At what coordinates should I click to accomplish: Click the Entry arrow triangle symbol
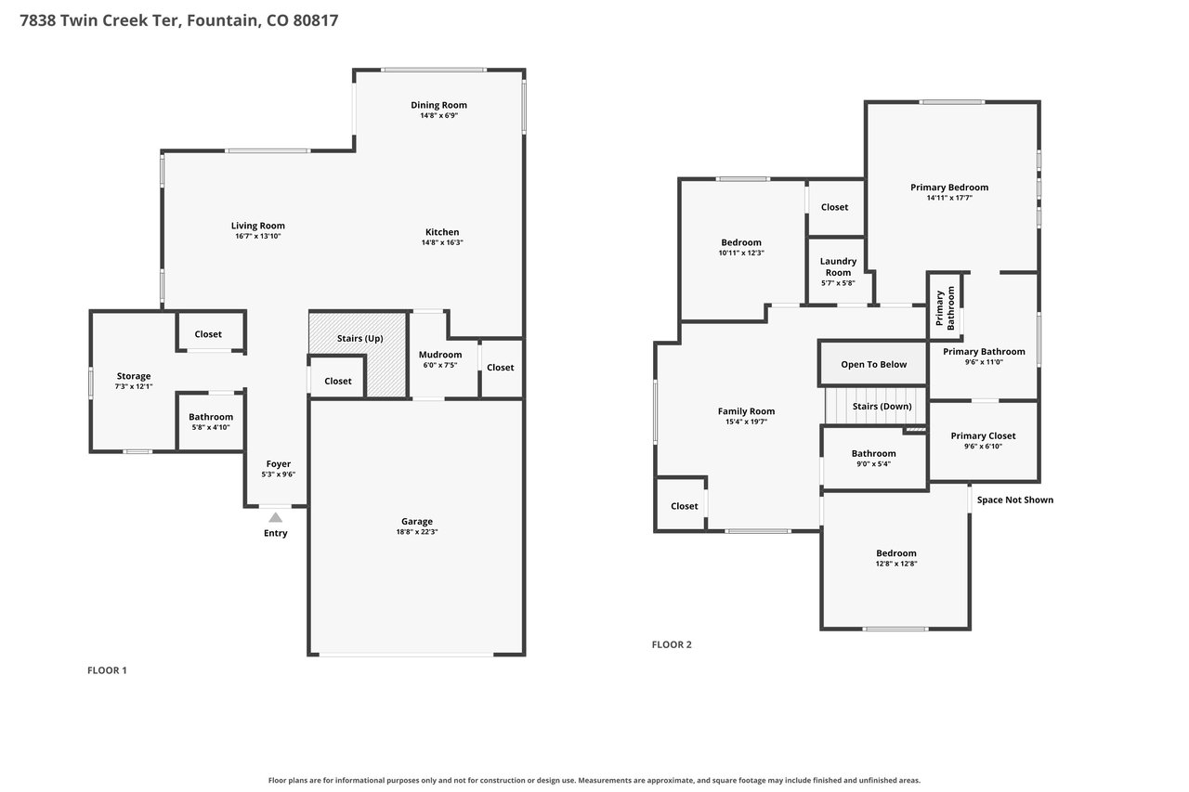pos(275,517)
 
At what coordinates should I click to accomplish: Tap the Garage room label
pos(417,522)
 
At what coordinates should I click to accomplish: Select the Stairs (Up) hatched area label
pos(359,339)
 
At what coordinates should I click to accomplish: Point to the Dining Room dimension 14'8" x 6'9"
pos(439,116)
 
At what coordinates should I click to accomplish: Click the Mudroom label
pos(440,355)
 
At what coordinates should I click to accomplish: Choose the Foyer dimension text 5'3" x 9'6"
pos(278,474)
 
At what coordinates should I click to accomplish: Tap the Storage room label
pos(134,376)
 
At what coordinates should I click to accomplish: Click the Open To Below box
pos(873,363)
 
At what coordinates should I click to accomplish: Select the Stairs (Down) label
pos(882,407)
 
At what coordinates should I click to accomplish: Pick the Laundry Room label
pos(838,266)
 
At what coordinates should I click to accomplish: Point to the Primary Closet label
pos(983,435)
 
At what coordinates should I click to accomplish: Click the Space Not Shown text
pos(1015,500)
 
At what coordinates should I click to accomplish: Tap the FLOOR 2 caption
pos(672,644)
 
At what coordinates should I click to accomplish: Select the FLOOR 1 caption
pos(107,670)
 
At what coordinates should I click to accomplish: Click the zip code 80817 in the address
pos(315,20)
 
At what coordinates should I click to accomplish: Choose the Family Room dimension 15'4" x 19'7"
pos(746,422)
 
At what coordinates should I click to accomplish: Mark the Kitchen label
pos(442,232)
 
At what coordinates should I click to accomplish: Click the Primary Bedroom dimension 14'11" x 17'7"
pos(949,198)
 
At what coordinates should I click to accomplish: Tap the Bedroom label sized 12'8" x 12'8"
pos(896,552)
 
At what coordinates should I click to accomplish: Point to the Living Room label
pos(258,226)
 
